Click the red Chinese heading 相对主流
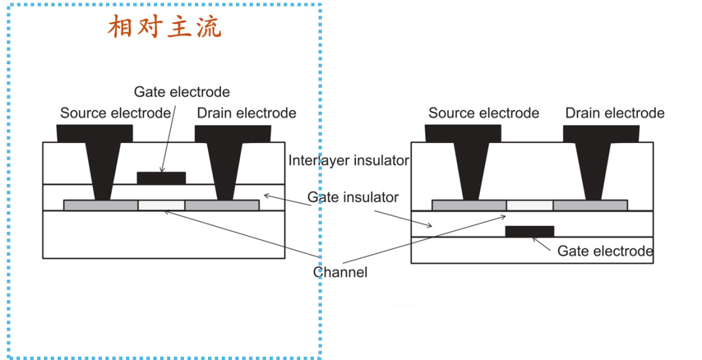[x=164, y=27]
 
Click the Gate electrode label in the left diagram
[x=181, y=92]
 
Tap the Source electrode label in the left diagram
[x=115, y=113]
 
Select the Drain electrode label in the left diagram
[x=246, y=113]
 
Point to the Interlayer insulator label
[x=348, y=160]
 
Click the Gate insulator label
[x=353, y=197]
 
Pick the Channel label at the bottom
[x=340, y=272]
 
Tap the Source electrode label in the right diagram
[x=484, y=113]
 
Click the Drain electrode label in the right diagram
[x=615, y=113]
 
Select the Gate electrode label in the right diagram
[x=605, y=251]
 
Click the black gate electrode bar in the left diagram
[x=161, y=177]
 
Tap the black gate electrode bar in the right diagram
[x=529, y=231]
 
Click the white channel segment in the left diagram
[x=161, y=205]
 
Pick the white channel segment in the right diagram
[x=529, y=205]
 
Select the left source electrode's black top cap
[x=95, y=133]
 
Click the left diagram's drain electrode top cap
[x=233, y=133]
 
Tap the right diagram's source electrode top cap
[x=463, y=133]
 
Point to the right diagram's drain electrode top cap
[x=601, y=133]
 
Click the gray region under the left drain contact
[x=222, y=205]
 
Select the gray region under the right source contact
[x=469, y=205]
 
